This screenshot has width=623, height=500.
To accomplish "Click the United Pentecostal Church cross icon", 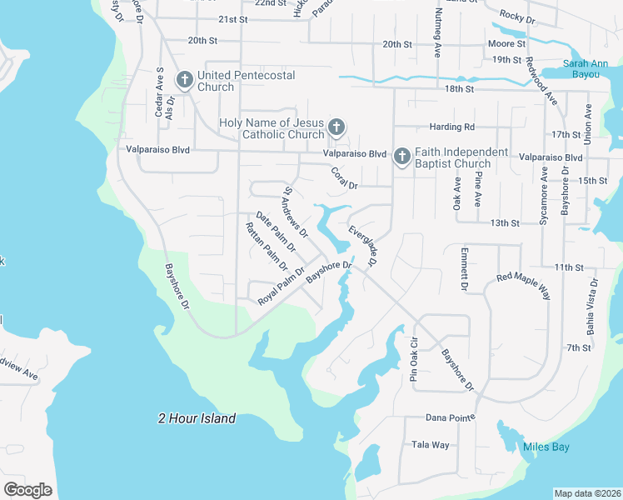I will coord(184,81).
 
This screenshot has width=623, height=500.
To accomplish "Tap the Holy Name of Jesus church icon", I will coord(336,127).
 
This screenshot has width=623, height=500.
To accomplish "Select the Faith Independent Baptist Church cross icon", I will coord(402,156).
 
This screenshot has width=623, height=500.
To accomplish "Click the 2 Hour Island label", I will coord(197,418).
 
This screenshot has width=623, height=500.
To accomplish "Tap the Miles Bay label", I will coord(546,447).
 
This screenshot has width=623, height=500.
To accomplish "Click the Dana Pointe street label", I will coord(450,417).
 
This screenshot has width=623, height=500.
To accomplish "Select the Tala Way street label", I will coord(431,445).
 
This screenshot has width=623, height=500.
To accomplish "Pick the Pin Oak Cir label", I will coord(413,357).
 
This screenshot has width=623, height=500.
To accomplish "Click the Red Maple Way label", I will coord(524,286).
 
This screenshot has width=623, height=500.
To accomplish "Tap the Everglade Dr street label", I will coord(363,246).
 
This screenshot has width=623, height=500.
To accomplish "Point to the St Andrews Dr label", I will coord(296,211).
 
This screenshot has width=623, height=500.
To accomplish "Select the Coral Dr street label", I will coord(344,177).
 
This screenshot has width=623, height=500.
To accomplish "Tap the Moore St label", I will coord(506,43).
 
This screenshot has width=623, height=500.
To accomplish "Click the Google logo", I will coord(27,490).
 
